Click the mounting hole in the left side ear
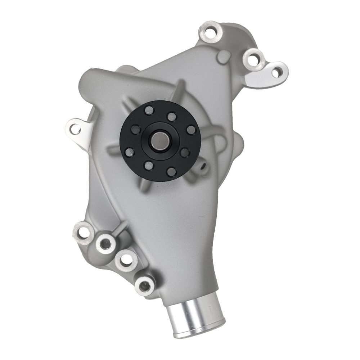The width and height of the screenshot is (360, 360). (x=75, y=128)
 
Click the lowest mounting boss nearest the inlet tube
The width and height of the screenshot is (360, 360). (x=144, y=285)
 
